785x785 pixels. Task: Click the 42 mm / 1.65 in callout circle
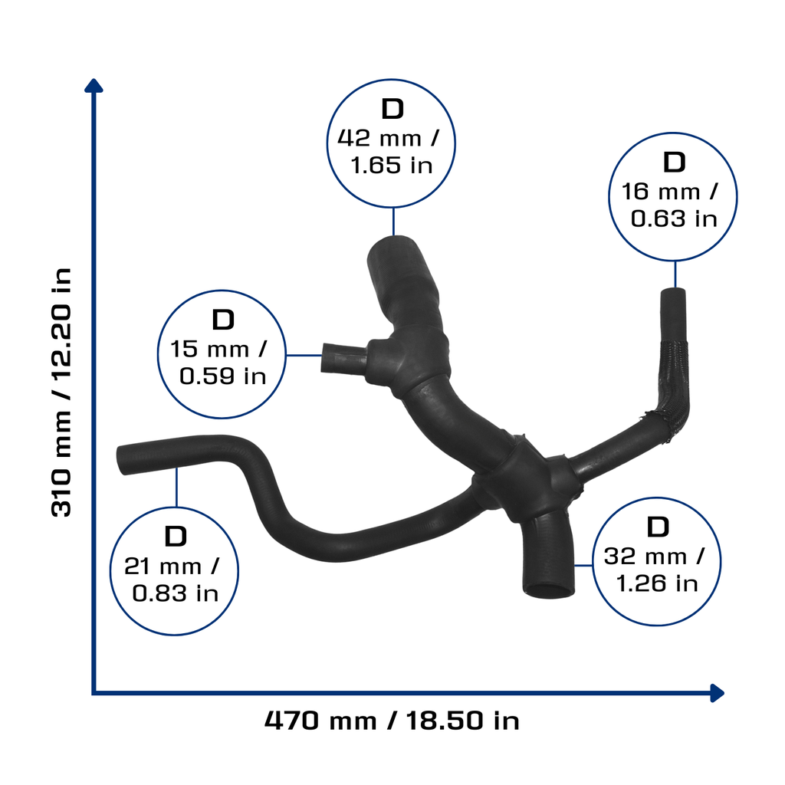391,80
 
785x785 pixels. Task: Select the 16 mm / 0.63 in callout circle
673,133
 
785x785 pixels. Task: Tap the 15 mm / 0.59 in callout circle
222,291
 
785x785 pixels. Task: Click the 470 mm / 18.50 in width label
392,721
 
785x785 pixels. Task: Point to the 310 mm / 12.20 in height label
61,392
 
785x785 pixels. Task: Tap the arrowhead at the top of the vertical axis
94,86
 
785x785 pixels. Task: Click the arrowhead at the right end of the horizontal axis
717,693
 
